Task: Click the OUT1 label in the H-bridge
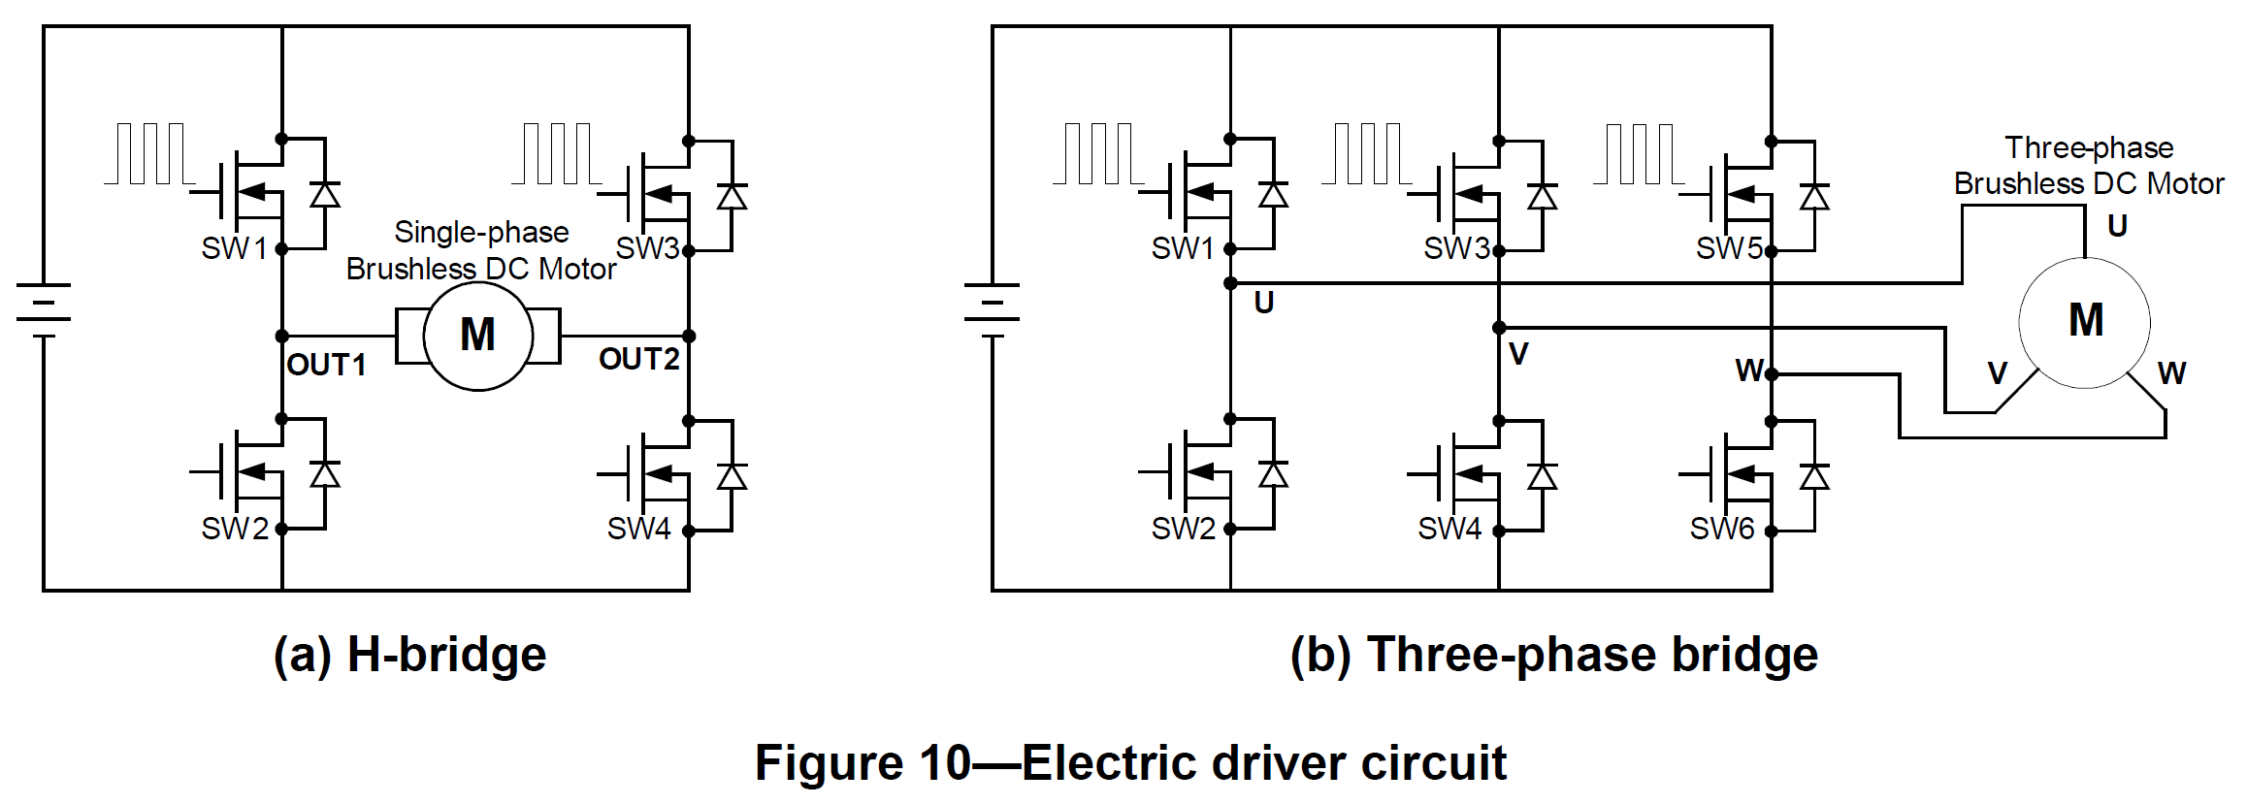(x=326, y=365)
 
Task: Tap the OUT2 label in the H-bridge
(x=638, y=359)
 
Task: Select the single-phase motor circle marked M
(x=477, y=336)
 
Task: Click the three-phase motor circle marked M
(x=2085, y=322)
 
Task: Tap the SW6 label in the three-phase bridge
(x=1721, y=530)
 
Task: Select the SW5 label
(x=1728, y=249)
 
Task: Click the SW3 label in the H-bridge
(x=647, y=249)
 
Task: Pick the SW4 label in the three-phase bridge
(x=1449, y=530)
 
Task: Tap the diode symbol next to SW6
(x=1813, y=476)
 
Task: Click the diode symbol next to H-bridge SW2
(x=325, y=473)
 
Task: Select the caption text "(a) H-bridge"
(x=409, y=655)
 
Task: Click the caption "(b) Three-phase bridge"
(x=1553, y=655)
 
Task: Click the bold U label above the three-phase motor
(x=2118, y=226)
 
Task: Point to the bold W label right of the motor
(x=2171, y=373)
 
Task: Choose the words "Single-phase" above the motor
(x=481, y=233)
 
